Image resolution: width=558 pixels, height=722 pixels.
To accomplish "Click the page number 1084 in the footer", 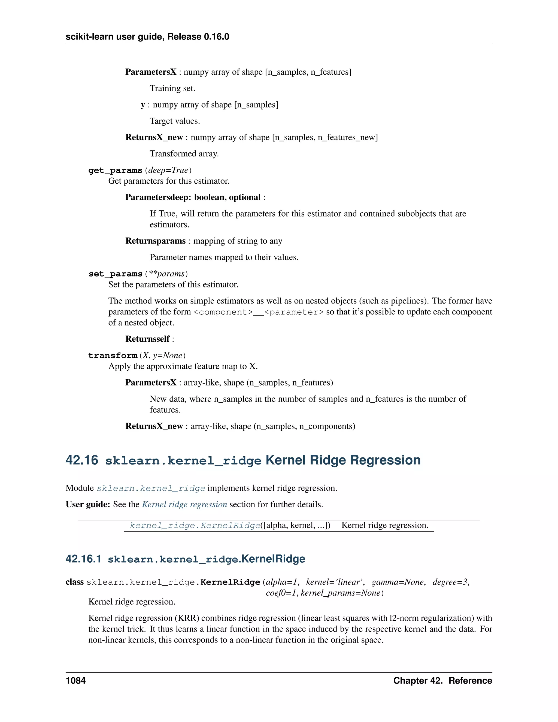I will (76, 681).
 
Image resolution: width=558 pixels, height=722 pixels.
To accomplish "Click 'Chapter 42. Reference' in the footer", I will (442, 681).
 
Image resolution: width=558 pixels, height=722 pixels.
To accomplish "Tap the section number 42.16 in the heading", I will (82, 460).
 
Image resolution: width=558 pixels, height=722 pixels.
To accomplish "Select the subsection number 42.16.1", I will (83, 559).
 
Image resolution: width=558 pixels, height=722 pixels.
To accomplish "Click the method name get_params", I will (115, 170).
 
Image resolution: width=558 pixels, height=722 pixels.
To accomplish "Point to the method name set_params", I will (115, 274).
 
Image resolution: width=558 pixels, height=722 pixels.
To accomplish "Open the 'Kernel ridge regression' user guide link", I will (184, 505).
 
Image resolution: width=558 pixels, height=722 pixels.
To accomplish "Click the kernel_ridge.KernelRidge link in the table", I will (195, 525).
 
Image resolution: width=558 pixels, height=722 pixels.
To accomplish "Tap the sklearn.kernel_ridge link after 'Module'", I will (151, 488).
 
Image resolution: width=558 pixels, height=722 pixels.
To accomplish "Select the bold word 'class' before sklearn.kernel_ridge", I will (74, 582).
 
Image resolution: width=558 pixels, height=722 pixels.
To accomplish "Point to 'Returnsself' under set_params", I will (147, 339).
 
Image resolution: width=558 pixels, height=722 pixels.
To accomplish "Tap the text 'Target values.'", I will (175, 121).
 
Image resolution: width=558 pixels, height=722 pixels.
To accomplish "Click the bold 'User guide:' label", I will (88, 505).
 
